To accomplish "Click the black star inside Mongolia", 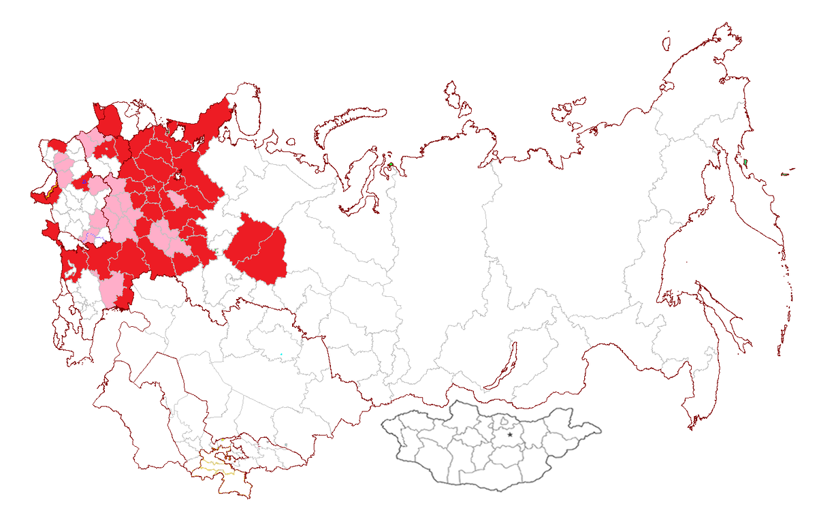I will click(510, 434).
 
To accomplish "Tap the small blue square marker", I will click(84, 182).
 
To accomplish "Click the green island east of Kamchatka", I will click(784, 174).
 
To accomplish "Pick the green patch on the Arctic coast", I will click(391, 165).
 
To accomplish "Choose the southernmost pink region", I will click(112, 289).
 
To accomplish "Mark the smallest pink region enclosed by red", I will click(178, 200).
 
